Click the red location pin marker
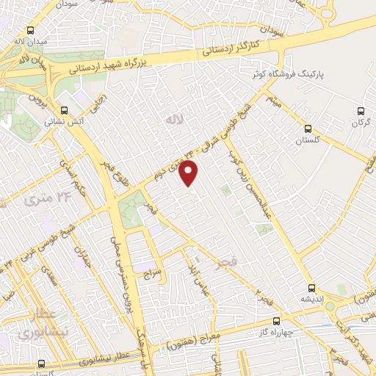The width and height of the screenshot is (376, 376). pos(189,173)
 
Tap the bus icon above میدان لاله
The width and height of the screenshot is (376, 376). pos(30,31)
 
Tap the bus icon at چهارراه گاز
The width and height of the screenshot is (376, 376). pos(276,320)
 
